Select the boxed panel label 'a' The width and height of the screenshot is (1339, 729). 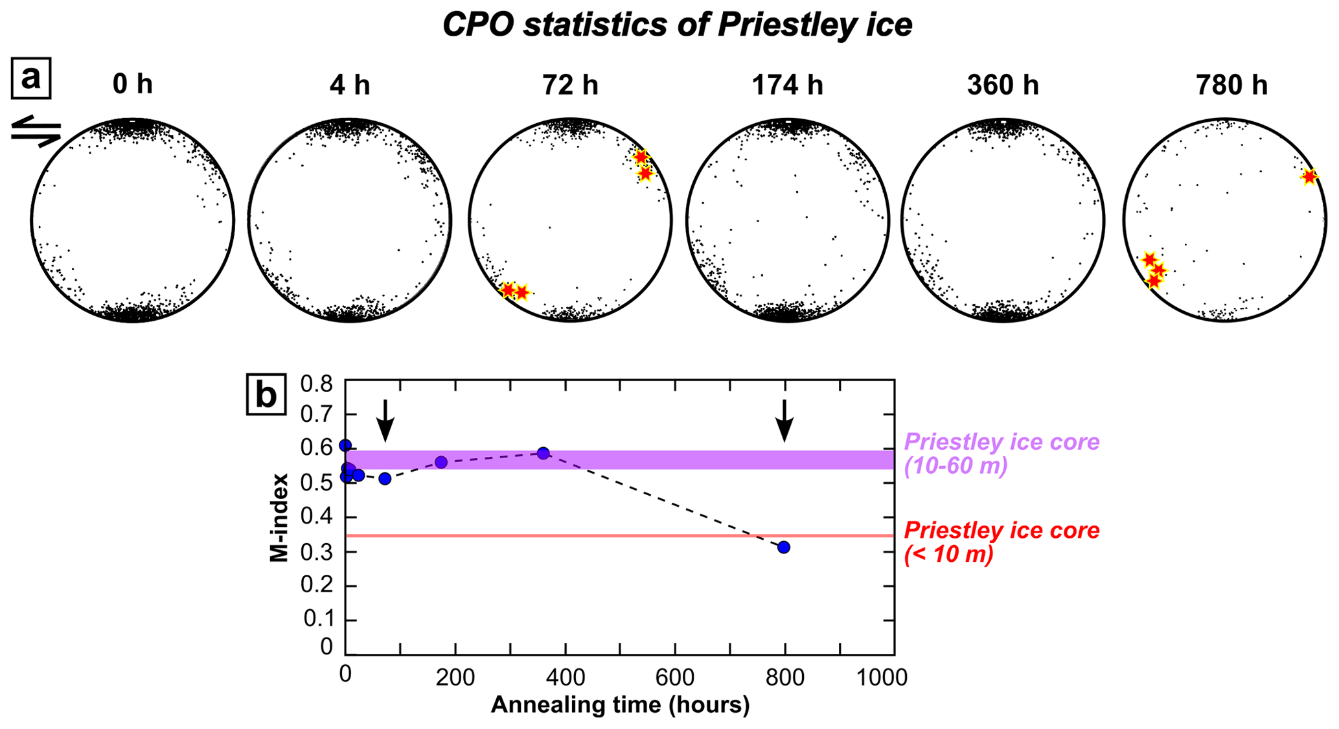[x=31, y=78]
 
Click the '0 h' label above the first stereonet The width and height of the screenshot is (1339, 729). [x=132, y=85]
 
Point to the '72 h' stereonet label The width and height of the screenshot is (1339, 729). [x=570, y=85]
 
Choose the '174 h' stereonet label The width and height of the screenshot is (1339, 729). [x=787, y=85]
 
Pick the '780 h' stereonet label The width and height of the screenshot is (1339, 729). [x=1231, y=85]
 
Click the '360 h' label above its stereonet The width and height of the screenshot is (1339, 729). [x=1003, y=85]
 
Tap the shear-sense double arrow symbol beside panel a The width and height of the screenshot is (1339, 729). [x=36, y=131]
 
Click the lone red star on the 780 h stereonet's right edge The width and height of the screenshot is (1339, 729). [x=1309, y=176]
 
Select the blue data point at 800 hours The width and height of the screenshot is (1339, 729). [x=784, y=548]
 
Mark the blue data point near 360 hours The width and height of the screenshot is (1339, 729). [x=544, y=453]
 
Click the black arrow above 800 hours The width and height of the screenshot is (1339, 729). [x=784, y=421]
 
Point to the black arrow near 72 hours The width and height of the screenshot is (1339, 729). [x=385, y=421]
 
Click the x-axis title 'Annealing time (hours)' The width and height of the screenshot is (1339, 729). [x=620, y=705]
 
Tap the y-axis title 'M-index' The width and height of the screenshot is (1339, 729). [x=279, y=517]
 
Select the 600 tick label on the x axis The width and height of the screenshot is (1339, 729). [x=675, y=677]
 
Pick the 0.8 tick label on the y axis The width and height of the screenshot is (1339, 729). [x=317, y=385]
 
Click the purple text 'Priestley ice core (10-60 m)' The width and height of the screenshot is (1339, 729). [x=1001, y=454]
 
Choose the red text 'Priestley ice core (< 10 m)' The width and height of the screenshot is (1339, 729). [x=1001, y=542]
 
